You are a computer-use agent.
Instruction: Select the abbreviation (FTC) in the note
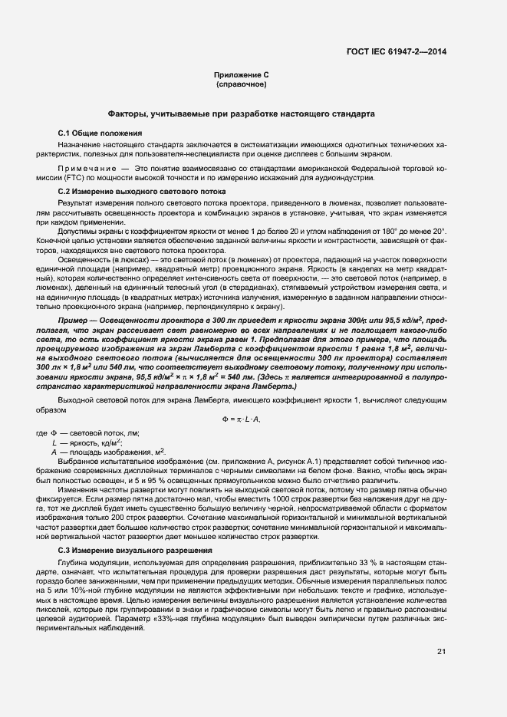pyautogui.click(x=77, y=178)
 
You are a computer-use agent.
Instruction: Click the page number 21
pyautogui.click(x=441, y=652)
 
